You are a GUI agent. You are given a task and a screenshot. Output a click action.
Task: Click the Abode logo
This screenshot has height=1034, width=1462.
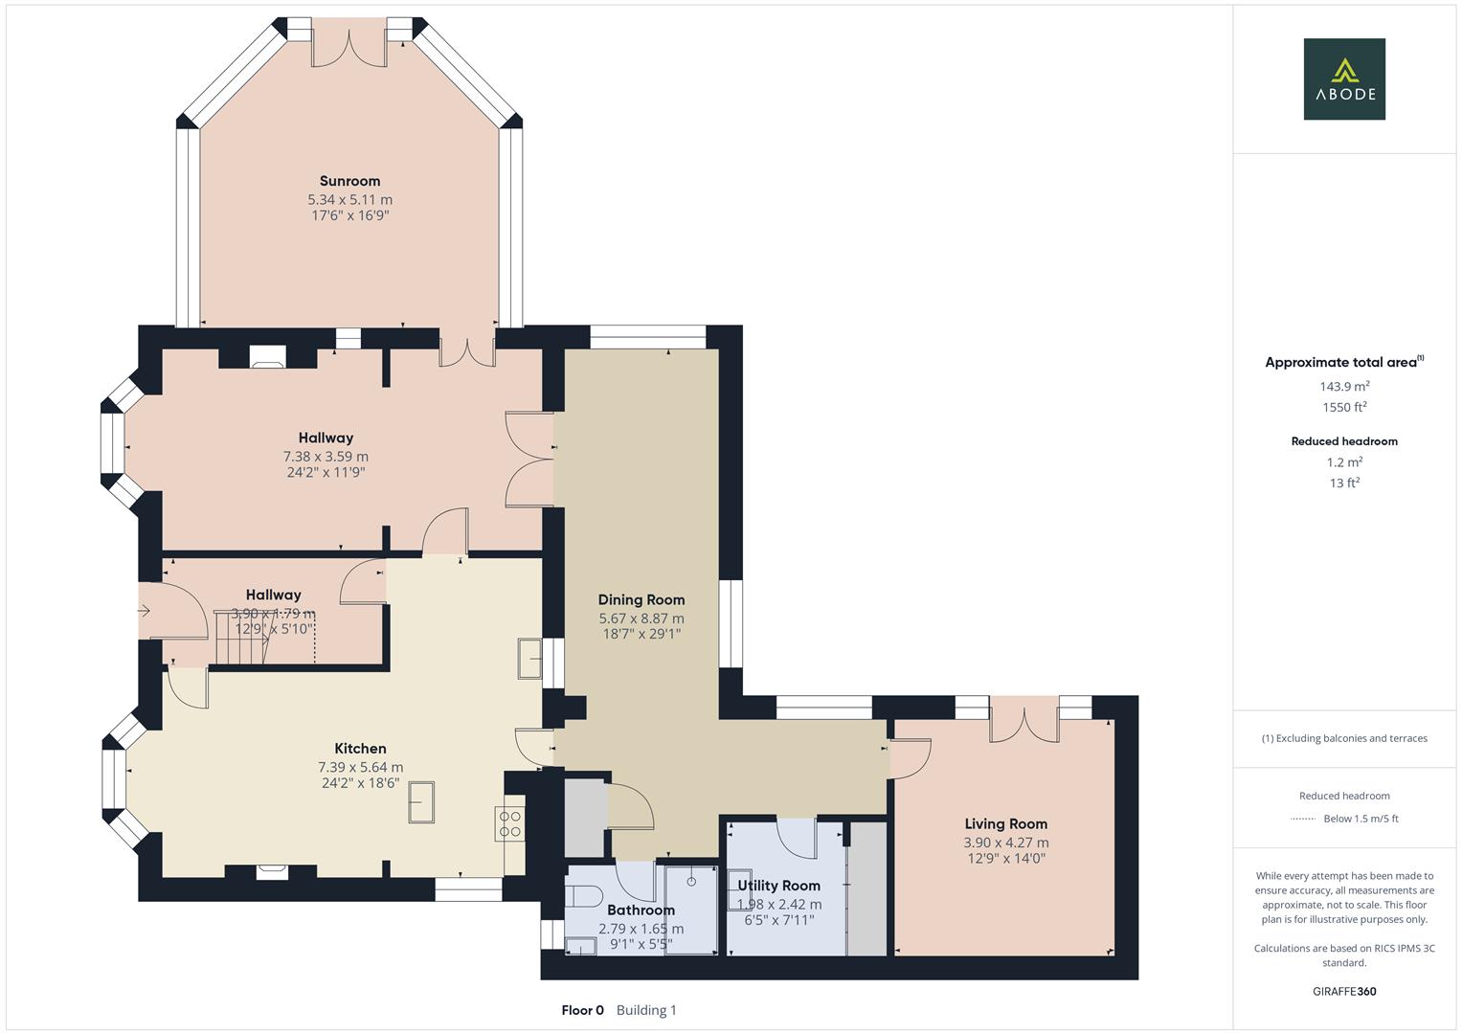click(1344, 79)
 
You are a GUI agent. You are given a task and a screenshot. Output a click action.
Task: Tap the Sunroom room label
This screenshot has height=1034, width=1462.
click(349, 181)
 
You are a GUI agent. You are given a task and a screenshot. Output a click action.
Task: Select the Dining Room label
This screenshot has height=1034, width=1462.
click(641, 600)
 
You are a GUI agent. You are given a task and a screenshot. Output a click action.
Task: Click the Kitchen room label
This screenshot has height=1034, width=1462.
click(360, 749)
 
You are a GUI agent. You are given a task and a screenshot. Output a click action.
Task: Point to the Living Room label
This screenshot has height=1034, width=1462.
click(1005, 824)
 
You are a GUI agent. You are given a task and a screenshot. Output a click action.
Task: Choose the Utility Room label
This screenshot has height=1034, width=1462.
click(778, 886)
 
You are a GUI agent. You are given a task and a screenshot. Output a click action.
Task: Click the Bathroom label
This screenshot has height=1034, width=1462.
click(641, 910)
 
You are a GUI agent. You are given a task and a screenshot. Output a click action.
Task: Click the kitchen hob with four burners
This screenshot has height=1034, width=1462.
click(510, 824)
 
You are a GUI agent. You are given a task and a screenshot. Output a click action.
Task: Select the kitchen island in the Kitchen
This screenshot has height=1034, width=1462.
click(421, 802)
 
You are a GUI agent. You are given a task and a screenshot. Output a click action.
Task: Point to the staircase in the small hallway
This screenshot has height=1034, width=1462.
click(239, 637)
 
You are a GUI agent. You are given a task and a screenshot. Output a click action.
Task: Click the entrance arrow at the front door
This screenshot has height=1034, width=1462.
click(145, 610)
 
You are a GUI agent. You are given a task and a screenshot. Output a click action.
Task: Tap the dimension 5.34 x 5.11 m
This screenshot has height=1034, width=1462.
click(349, 200)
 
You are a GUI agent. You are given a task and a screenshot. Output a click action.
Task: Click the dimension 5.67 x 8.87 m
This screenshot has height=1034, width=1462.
click(641, 618)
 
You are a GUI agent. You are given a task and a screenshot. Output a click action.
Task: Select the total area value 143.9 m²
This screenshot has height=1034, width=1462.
click(1344, 387)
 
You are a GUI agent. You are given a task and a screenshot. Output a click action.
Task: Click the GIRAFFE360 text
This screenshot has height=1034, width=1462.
click(1344, 991)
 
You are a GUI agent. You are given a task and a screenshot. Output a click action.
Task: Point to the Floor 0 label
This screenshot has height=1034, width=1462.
click(582, 1010)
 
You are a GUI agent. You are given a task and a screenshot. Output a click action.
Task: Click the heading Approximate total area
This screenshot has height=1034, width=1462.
click(1340, 363)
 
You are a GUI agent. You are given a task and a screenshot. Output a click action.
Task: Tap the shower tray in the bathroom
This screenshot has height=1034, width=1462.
click(690, 910)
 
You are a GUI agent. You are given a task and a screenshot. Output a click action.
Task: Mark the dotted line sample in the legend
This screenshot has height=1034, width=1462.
click(1303, 819)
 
